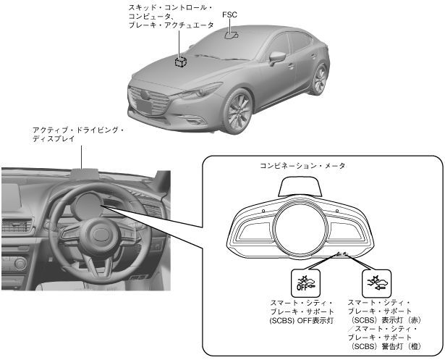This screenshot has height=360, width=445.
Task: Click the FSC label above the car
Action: click(x=229, y=13)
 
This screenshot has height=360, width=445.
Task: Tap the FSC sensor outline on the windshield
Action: click(x=232, y=34)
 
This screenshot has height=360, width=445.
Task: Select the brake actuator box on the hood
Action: click(x=179, y=62)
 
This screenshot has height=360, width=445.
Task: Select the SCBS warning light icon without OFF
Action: click(x=376, y=281)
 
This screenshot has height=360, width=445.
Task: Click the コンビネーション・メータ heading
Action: click(x=302, y=166)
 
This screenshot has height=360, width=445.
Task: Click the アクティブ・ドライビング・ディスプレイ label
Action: click(x=78, y=135)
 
